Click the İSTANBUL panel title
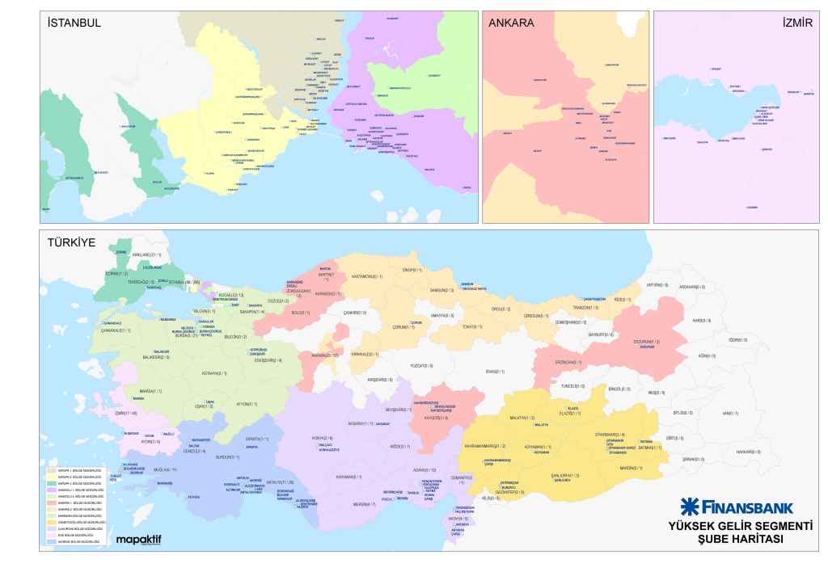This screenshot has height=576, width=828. pyautogui.click(x=74, y=23)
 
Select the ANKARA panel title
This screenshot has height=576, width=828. pyautogui.click(x=511, y=23)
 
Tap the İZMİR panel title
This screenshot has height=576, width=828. pyautogui.click(x=796, y=23)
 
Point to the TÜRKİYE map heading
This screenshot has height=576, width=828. pyautogui.click(x=72, y=242)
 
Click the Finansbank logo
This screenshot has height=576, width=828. pyautogui.click(x=736, y=507)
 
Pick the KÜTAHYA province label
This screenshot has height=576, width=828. pyautogui.click(x=215, y=373)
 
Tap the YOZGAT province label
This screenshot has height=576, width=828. pyautogui.click(x=421, y=366)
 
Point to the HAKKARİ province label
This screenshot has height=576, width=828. pyautogui.click(x=749, y=452)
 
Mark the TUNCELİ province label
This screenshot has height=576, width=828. pyautogui.click(x=572, y=386)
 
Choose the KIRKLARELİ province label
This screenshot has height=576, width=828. pyautogui.click(x=147, y=254)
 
